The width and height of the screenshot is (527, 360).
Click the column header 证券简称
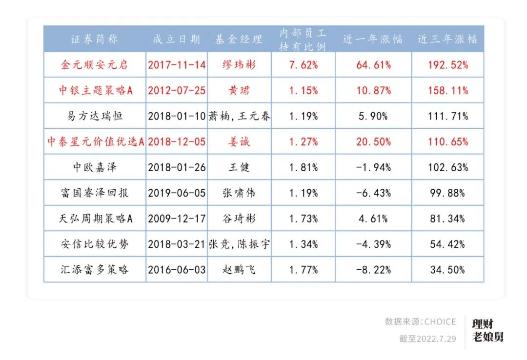click(94, 40)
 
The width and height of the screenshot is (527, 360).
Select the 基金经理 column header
click(239, 40)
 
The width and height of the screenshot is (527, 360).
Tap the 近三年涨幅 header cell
click(447, 40)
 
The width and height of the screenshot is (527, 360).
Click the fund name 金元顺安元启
click(94, 65)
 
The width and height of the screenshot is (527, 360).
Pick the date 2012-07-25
click(177, 91)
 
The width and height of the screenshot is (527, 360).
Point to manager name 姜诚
click(239, 142)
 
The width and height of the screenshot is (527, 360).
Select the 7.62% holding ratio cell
click(303, 65)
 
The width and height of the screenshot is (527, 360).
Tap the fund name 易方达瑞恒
click(94, 116)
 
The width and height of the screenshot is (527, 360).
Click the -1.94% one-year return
click(373, 167)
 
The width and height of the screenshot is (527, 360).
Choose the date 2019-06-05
click(177, 193)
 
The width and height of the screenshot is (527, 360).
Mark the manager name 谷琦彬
click(239, 219)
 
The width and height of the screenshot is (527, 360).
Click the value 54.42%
click(447, 244)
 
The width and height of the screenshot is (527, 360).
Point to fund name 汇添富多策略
click(94, 269)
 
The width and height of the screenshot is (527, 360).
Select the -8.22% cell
click(373, 269)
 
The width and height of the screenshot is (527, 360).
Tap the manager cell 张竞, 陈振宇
click(239, 244)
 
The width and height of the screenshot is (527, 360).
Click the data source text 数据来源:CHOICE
click(420, 322)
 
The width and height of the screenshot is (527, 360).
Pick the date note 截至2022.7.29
click(427, 339)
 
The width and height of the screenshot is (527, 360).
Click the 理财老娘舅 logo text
click(487, 330)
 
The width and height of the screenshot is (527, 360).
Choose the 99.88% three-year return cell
click(447, 193)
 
